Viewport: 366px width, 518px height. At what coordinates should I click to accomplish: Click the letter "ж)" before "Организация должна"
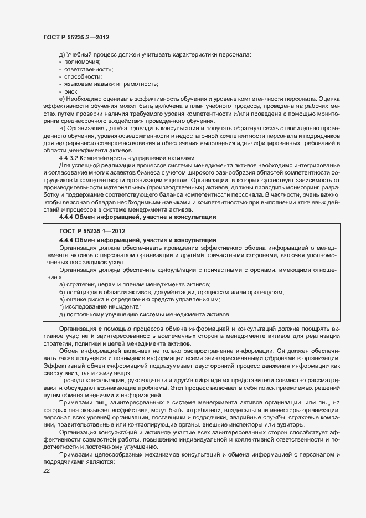tap(62, 127)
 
